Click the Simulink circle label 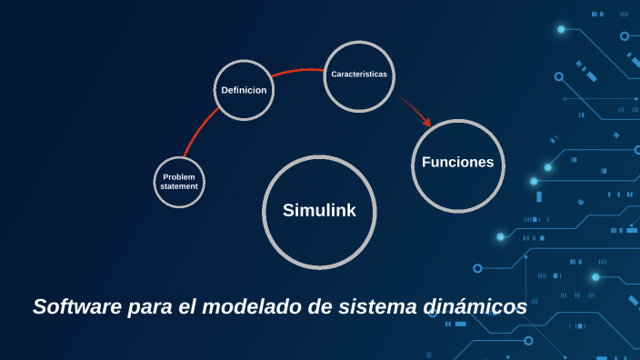click(x=319, y=211)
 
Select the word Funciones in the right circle click(x=457, y=163)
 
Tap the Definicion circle click(x=244, y=90)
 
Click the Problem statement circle click(x=179, y=181)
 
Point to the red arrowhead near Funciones click(x=425, y=121)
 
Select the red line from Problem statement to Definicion click(x=200, y=133)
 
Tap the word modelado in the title click(x=252, y=307)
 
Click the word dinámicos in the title click(x=475, y=307)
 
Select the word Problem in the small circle click(x=179, y=176)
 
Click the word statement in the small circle click(x=179, y=186)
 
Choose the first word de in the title click(x=318, y=307)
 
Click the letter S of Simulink click(x=288, y=211)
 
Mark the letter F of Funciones click(x=426, y=163)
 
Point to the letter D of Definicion click(x=225, y=90)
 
